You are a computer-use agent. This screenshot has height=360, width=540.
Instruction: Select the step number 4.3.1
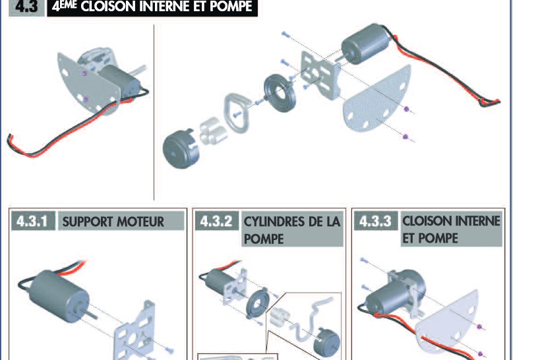coord(32,221)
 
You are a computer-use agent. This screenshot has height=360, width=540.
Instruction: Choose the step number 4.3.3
coord(376,221)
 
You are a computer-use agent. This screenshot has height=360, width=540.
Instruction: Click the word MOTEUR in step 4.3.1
coord(140,222)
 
